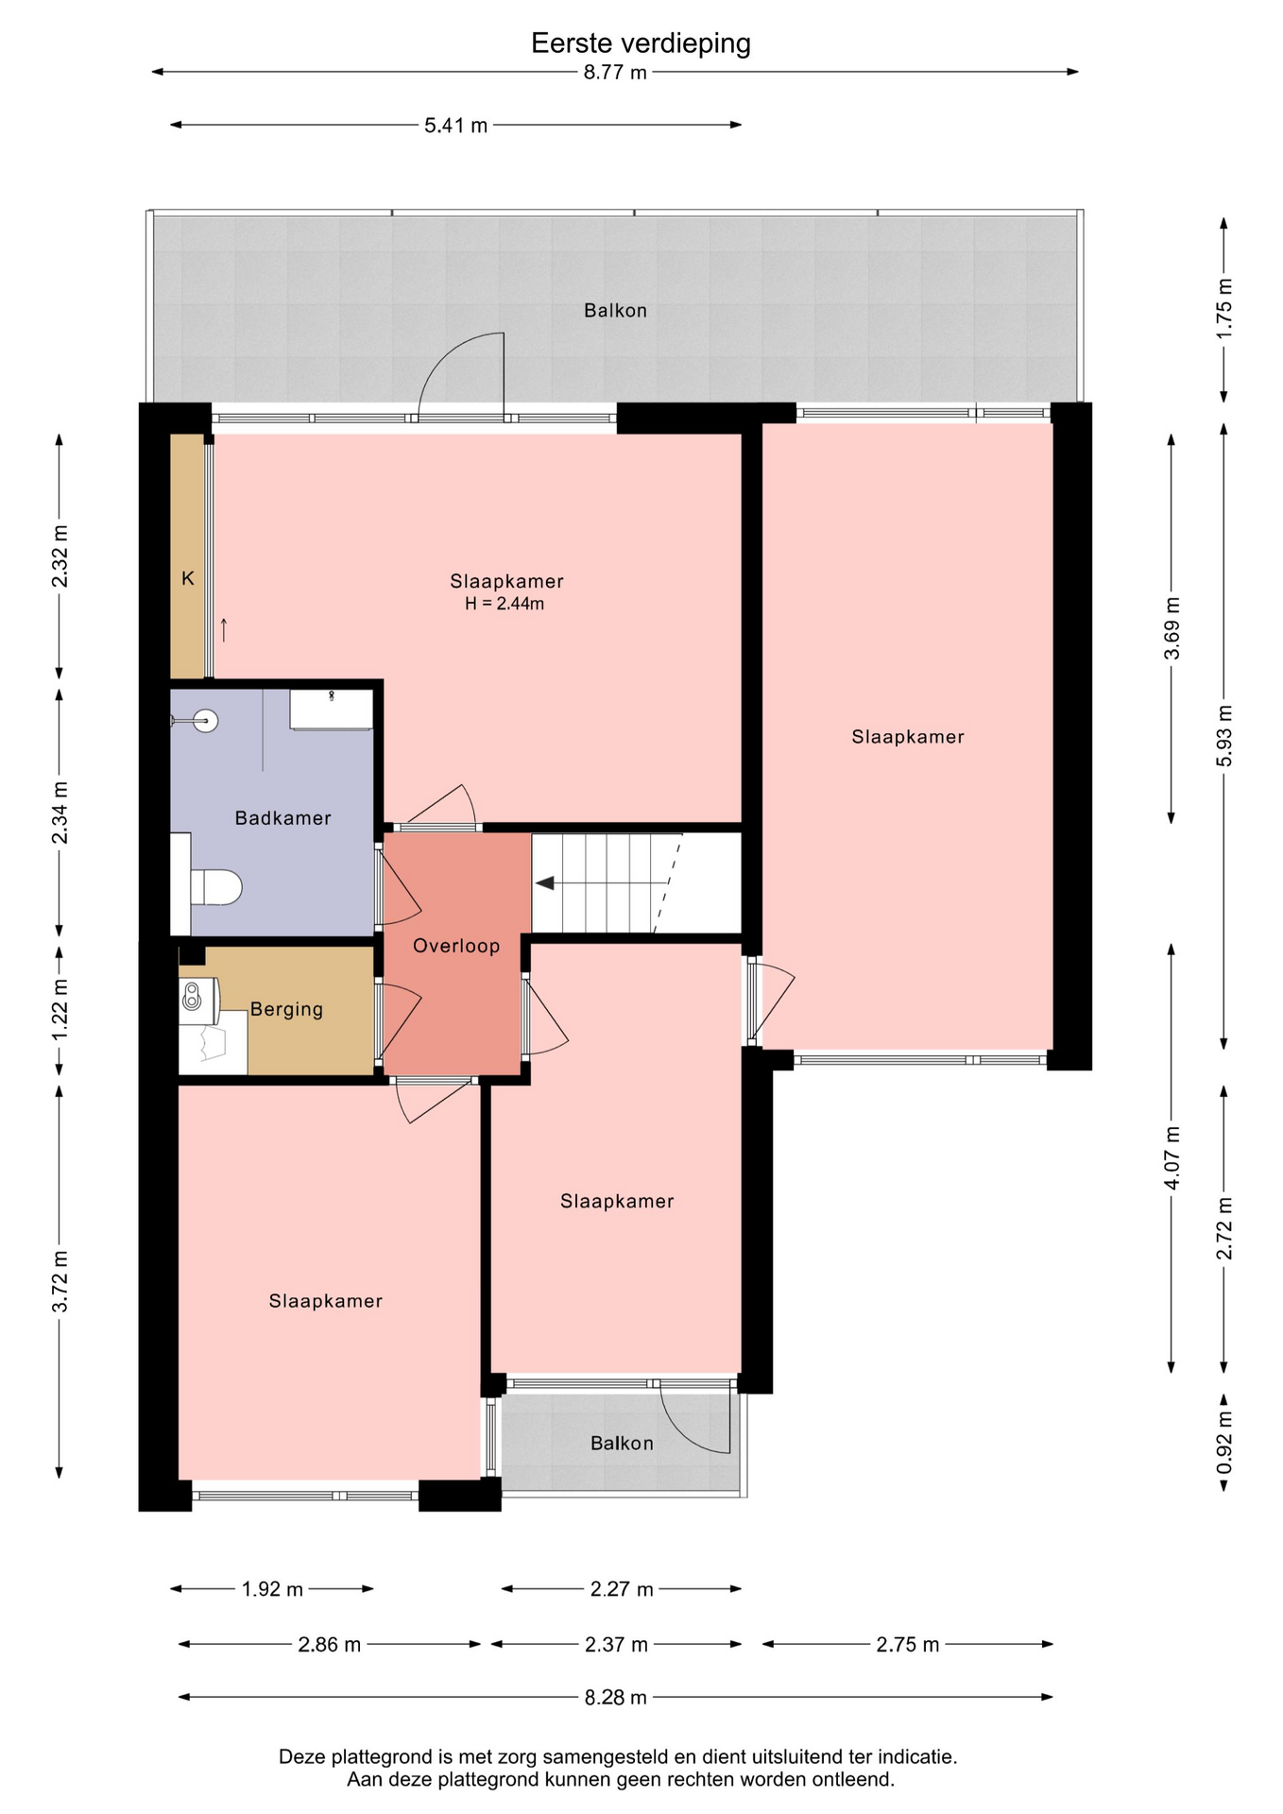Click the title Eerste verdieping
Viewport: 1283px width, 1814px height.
click(x=641, y=43)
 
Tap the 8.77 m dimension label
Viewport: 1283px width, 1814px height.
click(x=615, y=73)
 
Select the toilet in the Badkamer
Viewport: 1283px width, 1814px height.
click(x=215, y=887)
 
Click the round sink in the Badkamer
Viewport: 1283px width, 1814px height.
click(x=205, y=721)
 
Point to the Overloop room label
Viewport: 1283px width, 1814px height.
click(x=456, y=946)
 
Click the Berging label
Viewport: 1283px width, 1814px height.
click(x=286, y=1009)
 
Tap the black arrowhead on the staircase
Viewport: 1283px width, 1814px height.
click(x=545, y=883)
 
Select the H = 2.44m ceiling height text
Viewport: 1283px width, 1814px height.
click(x=505, y=604)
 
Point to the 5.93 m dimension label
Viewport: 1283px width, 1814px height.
click(x=1224, y=736)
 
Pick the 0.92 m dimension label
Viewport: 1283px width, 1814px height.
click(x=1224, y=1442)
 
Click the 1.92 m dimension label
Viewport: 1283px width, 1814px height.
click(x=272, y=1589)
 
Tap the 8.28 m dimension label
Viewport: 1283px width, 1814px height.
click(x=615, y=1698)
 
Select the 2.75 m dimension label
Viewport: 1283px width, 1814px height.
click(x=907, y=1645)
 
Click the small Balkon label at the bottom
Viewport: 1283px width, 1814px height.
click(x=622, y=1443)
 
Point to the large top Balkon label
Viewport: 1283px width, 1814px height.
click(x=615, y=310)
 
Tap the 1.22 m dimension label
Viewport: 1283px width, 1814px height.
click(x=60, y=1009)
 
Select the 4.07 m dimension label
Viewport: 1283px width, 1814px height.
click(x=1172, y=1157)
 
